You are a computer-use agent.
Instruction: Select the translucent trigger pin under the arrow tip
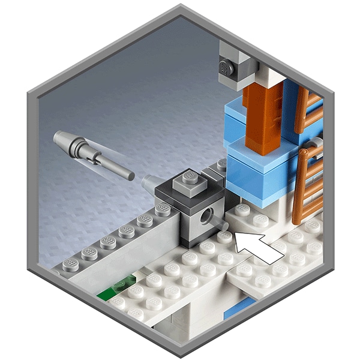224,226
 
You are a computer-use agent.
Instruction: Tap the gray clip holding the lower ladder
314,146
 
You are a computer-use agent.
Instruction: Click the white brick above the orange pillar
273,75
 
